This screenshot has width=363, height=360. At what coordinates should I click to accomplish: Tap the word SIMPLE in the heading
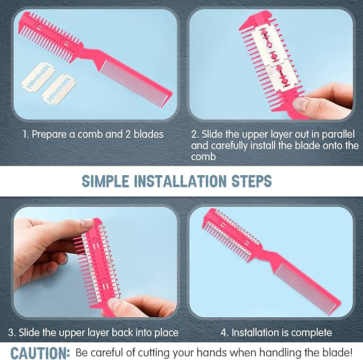tap(105, 181)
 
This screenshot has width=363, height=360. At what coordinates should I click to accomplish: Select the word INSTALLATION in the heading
tap(180, 181)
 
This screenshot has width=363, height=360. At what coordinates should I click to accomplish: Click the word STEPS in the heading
tap(252, 181)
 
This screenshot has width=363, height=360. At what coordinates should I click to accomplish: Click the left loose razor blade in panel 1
tap(38, 77)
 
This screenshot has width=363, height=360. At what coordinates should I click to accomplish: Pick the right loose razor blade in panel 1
tap(59, 90)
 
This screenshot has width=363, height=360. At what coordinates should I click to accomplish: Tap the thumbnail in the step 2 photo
tap(300, 105)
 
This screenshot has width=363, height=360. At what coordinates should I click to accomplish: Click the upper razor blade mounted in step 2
tap(270, 45)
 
